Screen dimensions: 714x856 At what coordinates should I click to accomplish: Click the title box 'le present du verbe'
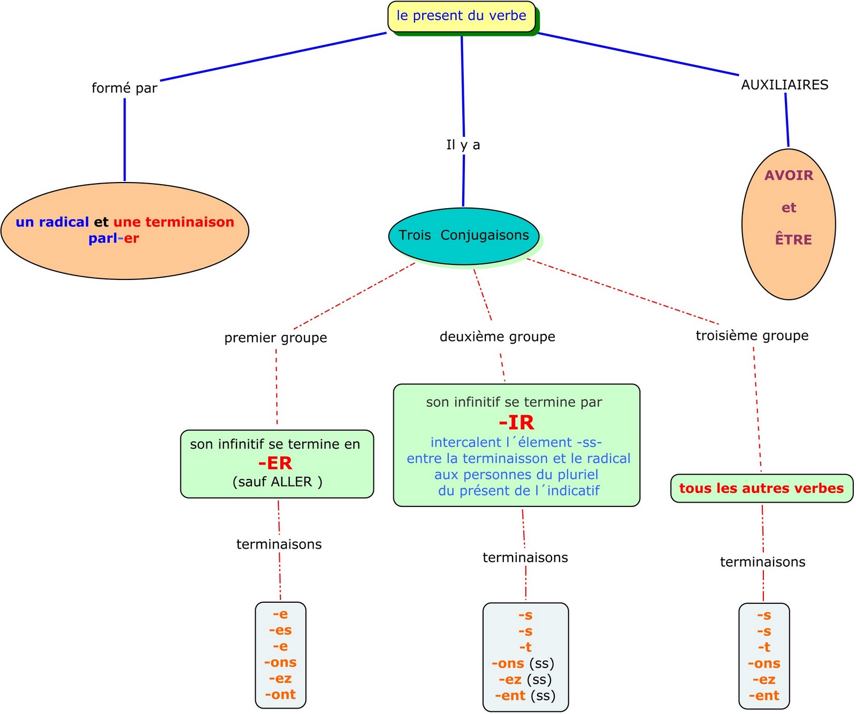point(461,16)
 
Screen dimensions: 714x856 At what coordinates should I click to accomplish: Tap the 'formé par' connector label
point(124,88)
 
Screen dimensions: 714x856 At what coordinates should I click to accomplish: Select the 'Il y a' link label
point(463,145)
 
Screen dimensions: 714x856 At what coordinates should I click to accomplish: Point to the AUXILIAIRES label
point(784,85)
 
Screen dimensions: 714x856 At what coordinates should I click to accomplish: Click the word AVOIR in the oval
point(789,176)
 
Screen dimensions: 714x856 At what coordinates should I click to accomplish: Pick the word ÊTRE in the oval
point(793,240)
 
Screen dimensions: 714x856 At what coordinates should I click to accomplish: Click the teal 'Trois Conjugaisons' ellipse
point(463,236)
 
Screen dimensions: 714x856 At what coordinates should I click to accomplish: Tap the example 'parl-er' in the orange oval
point(113,238)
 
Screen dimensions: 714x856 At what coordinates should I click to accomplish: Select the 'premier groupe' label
point(276,338)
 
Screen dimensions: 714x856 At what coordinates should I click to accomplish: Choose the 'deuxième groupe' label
point(497,337)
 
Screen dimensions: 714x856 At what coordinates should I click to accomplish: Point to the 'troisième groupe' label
point(752,336)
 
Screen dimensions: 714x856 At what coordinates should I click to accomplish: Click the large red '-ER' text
point(275,463)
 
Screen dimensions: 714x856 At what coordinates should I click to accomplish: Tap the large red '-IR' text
point(516,423)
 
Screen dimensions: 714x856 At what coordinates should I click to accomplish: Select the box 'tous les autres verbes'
point(761,488)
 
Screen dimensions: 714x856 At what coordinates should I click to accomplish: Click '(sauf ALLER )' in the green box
point(277,482)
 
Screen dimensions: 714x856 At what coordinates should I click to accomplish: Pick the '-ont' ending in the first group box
point(280,694)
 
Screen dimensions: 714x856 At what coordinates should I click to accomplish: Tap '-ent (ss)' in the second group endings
point(525,695)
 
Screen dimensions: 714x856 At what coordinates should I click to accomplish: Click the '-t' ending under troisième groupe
point(764,647)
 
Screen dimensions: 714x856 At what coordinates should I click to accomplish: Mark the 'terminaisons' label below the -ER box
point(279,544)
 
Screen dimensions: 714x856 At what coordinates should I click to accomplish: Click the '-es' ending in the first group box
point(280,630)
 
